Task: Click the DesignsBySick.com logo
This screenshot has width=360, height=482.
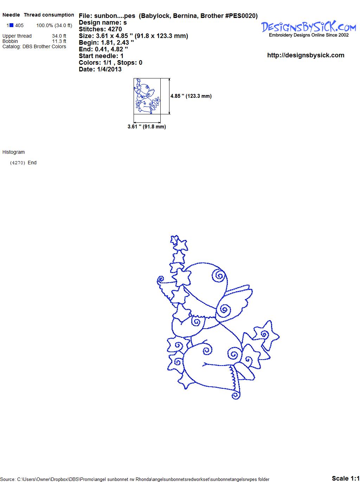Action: click(x=308, y=29)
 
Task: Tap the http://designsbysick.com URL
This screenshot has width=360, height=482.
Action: click(x=306, y=55)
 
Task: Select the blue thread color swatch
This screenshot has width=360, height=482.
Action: click(x=11, y=25)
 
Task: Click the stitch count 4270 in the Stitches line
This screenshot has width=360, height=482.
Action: click(x=115, y=29)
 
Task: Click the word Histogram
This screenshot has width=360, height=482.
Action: click(x=13, y=152)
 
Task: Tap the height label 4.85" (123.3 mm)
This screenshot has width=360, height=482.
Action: click(x=191, y=96)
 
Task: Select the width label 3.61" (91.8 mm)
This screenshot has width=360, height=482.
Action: click(x=147, y=127)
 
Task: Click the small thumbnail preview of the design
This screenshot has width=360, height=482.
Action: click(x=147, y=96)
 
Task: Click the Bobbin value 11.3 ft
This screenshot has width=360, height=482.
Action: click(x=59, y=41)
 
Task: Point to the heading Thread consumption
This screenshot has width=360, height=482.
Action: click(x=49, y=15)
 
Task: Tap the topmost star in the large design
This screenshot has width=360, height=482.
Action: click(x=175, y=240)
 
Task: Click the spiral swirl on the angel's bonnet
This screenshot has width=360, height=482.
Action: click(x=219, y=276)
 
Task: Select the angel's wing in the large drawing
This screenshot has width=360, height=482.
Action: click(x=234, y=302)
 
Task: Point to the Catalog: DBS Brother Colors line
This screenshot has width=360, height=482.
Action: click(x=34, y=46)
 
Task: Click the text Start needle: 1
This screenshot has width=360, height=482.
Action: click(x=101, y=56)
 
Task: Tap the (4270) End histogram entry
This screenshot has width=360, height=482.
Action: click(x=23, y=163)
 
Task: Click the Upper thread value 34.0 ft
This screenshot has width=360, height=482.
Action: click(x=59, y=36)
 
